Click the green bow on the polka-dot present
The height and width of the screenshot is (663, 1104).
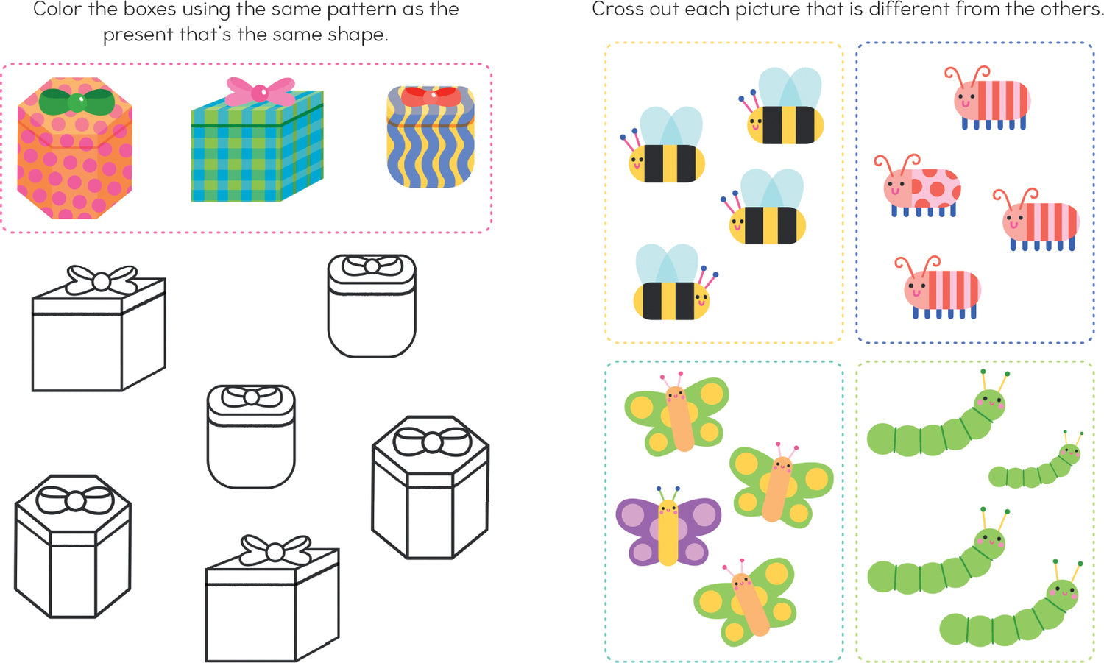click(77, 102)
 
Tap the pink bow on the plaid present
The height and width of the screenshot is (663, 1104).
click(260, 92)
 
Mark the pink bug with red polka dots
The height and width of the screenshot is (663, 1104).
click(918, 186)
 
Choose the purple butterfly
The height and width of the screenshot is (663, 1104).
click(668, 527)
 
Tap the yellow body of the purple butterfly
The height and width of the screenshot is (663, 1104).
click(668, 532)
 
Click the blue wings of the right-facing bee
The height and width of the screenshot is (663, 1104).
click(667, 264)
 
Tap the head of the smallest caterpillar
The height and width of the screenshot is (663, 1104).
click(1069, 453)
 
